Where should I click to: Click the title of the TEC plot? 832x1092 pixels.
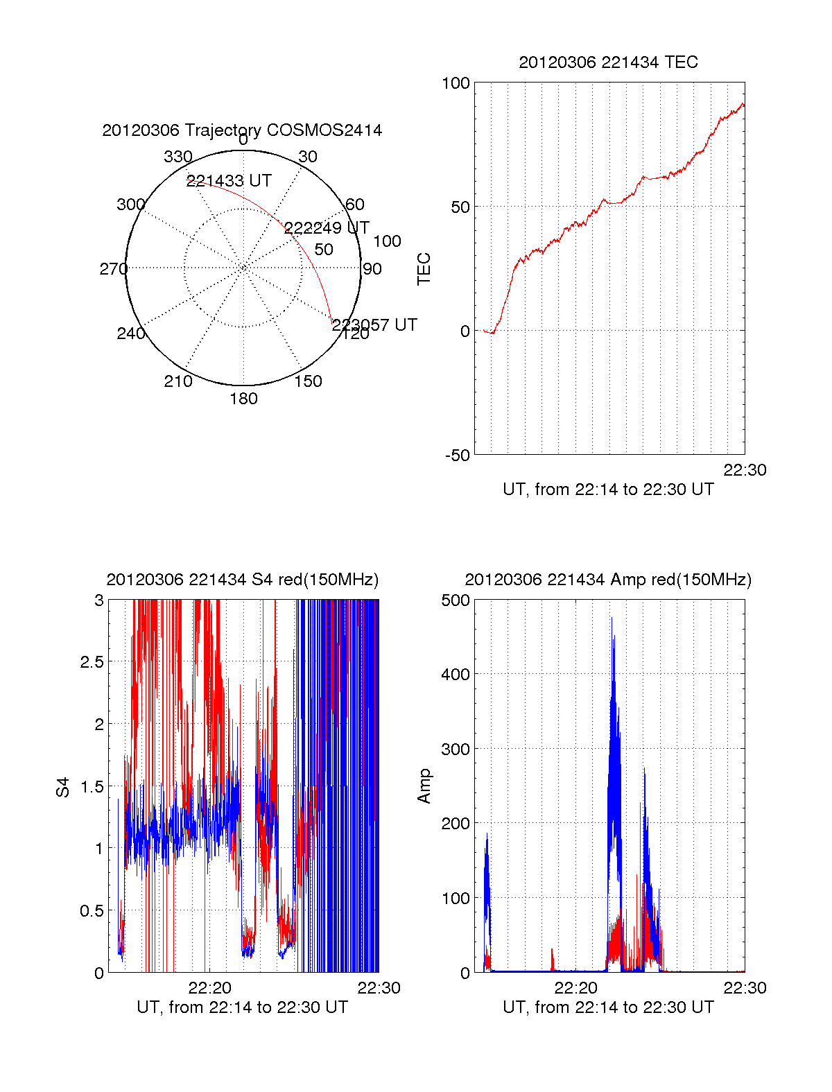tap(608, 62)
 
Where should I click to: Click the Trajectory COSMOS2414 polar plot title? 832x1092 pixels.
tap(242, 130)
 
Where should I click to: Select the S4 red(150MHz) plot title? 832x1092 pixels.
tap(242, 580)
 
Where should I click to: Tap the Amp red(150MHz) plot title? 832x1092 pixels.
tap(608, 580)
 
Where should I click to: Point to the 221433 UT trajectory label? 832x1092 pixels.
tap(229, 181)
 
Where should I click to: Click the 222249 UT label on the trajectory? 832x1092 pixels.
tap(327, 228)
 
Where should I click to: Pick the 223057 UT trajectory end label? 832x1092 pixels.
tap(374, 325)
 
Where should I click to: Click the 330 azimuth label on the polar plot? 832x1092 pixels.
tap(177, 157)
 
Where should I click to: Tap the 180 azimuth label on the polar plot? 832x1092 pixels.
tap(243, 399)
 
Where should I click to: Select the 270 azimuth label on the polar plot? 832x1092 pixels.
tap(113, 269)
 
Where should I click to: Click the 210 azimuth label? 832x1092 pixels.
tap(177, 381)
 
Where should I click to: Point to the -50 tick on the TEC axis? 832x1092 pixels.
tap(458, 456)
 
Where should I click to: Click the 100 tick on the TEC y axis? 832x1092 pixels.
tap(456, 83)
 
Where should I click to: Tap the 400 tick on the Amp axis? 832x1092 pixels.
tap(456, 674)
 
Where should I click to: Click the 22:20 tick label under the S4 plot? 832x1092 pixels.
tap(209, 988)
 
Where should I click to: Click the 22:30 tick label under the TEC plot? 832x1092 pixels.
tap(745, 470)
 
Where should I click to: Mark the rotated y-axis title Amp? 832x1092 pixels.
tap(424, 786)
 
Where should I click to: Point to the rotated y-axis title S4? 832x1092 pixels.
tap(63, 787)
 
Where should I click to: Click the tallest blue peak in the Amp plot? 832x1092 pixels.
tap(612, 618)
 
